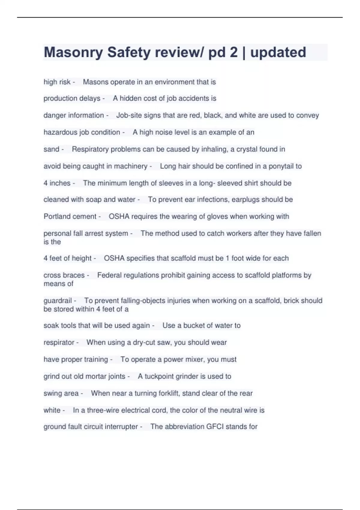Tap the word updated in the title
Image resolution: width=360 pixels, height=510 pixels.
pos(278,52)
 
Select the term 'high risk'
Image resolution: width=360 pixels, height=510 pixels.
pos(57,82)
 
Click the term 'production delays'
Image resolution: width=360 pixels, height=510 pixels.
pos(72,98)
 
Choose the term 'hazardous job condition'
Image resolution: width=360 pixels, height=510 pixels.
pos(82,132)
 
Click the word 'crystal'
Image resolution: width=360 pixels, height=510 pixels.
pos(247,149)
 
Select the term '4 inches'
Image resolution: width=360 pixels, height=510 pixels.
pos(57,183)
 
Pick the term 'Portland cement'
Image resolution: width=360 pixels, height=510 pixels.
pos(70,217)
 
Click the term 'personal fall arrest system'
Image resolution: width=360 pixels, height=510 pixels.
pos(86,233)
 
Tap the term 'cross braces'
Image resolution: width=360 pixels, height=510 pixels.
pos(64,275)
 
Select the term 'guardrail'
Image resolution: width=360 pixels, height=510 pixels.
pos(58,301)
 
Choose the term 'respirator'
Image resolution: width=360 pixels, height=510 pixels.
pos(59,343)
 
